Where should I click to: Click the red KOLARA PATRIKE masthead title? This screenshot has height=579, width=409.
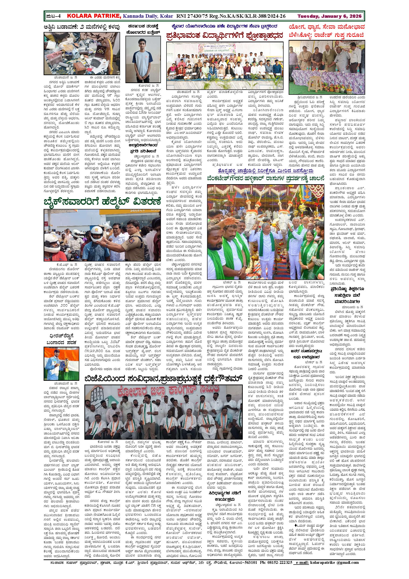click(93, 16)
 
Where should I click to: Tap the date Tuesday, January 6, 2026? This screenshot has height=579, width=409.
click(329, 16)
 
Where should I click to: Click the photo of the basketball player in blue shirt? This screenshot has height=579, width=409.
click(143, 59)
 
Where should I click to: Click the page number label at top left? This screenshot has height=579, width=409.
click(53, 16)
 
